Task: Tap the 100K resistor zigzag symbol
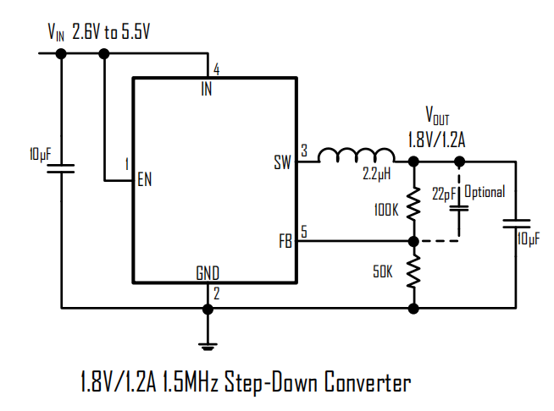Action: click(413, 204)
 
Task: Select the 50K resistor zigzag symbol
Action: click(413, 271)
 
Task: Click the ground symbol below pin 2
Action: click(208, 346)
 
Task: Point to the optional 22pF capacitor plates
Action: click(459, 208)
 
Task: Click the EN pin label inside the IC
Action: click(145, 179)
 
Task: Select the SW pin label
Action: click(282, 162)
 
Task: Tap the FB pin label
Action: click(285, 241)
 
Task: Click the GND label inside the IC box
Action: click(208, 273)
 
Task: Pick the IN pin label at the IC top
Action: click(207, 89)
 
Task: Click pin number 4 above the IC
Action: click(216, 69)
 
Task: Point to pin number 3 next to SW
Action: click(304, 151)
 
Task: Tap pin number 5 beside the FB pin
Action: click(304, 232)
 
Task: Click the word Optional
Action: click(485, 192)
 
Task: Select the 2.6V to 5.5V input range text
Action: click(111, 32)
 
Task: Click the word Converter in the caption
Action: click(368, 381)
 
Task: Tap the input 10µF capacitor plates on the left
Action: click(61, 168)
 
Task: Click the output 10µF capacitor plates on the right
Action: click(516, 223)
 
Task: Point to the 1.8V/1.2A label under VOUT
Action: click(437, 140)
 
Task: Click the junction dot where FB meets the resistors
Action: click(413, 241)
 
